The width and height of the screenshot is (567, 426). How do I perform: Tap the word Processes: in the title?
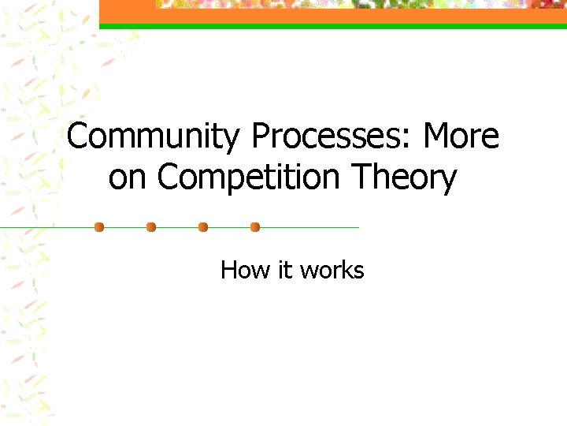click(x=332, y=137)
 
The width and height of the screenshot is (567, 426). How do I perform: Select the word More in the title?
click(x=461, y=137)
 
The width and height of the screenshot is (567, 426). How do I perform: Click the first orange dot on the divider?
click(x=99, y=227)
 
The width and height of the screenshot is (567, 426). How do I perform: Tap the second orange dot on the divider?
click(x=151, y=227)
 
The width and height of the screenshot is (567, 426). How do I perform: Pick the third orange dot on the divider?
click(x=203, y=227)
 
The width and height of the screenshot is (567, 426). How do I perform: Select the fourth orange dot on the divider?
click(x=255, y=227)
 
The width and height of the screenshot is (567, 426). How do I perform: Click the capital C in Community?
click(x=78, y=137)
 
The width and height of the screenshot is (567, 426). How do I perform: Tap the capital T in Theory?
click(x=361, y=178)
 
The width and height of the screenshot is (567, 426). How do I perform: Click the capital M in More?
click(x=437, y=137)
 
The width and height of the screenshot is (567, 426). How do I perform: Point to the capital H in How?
click(x=229, y=271)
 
